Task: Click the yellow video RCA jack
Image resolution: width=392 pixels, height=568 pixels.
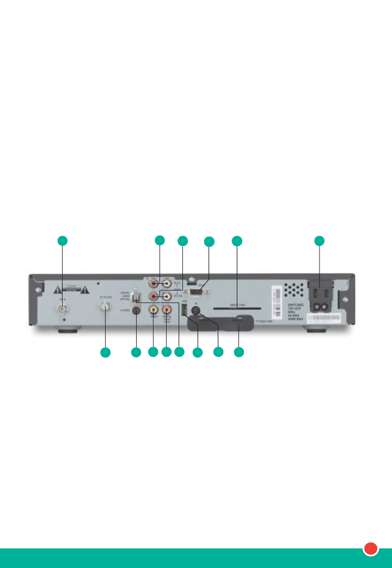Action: tap(154, 310)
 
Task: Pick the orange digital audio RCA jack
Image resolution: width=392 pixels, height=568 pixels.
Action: tap(167, 310)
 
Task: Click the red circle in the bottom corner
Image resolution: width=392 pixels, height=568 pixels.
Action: tap(371, 548)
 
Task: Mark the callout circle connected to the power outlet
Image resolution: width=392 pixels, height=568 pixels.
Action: tap(320, 240)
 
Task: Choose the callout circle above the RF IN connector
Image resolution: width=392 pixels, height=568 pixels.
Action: tap(63, 240)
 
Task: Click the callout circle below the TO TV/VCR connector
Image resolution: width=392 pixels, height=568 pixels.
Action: tap(105, 353)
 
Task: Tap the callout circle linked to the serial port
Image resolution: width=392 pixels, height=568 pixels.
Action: tap(209, 242)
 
